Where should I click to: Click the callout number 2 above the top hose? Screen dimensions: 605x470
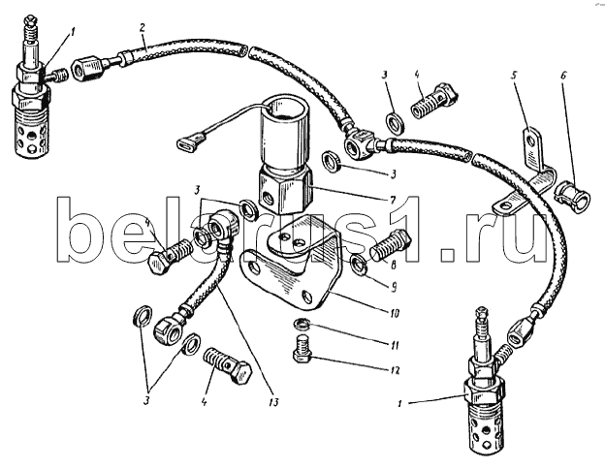click(143, 28)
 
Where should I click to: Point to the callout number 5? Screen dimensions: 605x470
click(514, 75)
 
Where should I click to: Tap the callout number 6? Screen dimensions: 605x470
click(563, 76)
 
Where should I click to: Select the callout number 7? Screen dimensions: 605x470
click(393, 200)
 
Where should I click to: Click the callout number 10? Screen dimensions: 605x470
click(394, 313)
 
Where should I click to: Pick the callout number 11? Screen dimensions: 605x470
click(394, 344)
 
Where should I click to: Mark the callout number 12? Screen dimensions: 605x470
click(395, 370)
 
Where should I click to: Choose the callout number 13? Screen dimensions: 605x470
click(273, 402)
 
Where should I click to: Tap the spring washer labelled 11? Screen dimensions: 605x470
click(300, 323)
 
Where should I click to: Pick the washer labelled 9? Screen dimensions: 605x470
click(358, 266)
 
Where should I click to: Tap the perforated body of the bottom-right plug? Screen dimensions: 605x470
click(486, 432)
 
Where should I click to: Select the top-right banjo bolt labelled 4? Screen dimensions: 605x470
click(433, 100)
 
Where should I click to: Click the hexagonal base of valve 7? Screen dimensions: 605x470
click(284, 189)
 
